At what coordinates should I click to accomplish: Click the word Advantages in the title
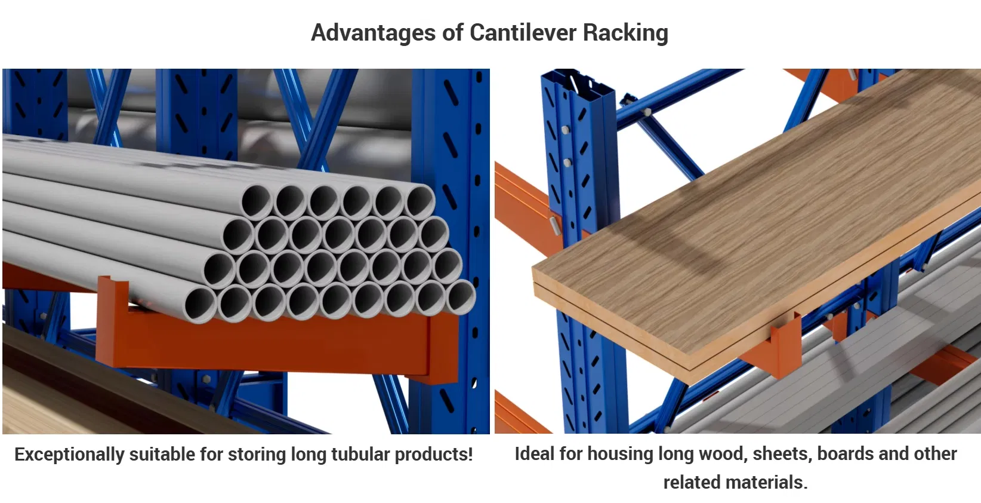[x=374, y=32]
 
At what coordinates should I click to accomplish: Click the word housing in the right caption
[x=620, y=454]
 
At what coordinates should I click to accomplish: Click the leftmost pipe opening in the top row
[x=257, y=200]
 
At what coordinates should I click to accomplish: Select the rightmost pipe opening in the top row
[x=420, y=201]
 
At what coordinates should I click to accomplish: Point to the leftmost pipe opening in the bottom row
[x=200, y=303]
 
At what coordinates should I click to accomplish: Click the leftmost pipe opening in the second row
[x=237, y=235]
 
